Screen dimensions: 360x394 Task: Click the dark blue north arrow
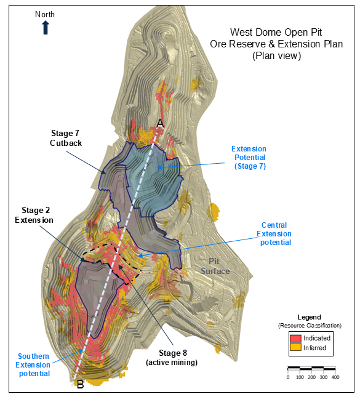(46, 27)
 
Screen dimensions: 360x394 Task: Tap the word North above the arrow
(45, 15)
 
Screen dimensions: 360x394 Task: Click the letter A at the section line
(160, 124)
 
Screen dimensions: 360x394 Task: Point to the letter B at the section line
(81, 384)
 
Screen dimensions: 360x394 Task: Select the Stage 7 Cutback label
(66, 138)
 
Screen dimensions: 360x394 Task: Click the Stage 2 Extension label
(34, 215)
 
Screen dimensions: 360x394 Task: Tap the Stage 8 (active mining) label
(172, 358)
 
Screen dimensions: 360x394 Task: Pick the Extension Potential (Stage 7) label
(249, 158)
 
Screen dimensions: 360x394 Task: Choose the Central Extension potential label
(274, 234)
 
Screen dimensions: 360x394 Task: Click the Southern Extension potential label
(33, 365)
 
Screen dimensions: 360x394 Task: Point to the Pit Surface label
(215, 266)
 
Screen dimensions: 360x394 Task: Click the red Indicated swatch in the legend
(295, 338)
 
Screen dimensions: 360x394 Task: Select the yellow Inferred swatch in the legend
(295, 347)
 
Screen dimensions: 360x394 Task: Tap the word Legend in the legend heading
(310, 317)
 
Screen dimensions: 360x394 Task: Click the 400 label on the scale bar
(335, 377)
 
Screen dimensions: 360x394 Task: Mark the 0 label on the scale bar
(288, 377)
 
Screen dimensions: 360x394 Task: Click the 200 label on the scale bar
(312, 377)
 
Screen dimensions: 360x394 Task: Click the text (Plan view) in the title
(276, 56)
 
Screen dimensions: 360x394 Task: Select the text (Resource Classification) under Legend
(310, 326)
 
